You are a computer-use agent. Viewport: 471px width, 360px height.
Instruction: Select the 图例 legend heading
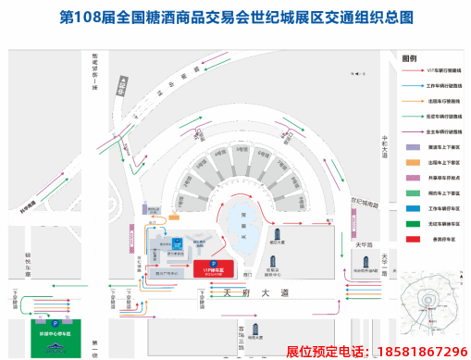coord(410,56)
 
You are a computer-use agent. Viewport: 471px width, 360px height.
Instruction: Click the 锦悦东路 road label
coord(29,265)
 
